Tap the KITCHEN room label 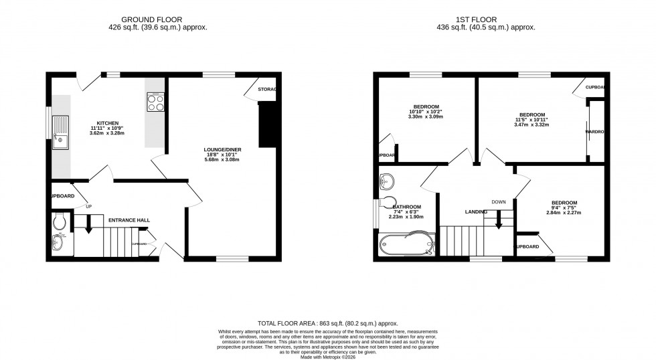point(108,123)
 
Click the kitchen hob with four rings point(155,102)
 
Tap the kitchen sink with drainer point(61,131)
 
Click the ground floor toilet point(58,221)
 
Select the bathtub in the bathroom point(406,245)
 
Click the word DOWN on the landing point(499,202)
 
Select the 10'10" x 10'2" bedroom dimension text point(426,112)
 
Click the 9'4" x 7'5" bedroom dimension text point(565,207)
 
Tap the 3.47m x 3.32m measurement point(531,124)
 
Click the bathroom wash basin point(386,181)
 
